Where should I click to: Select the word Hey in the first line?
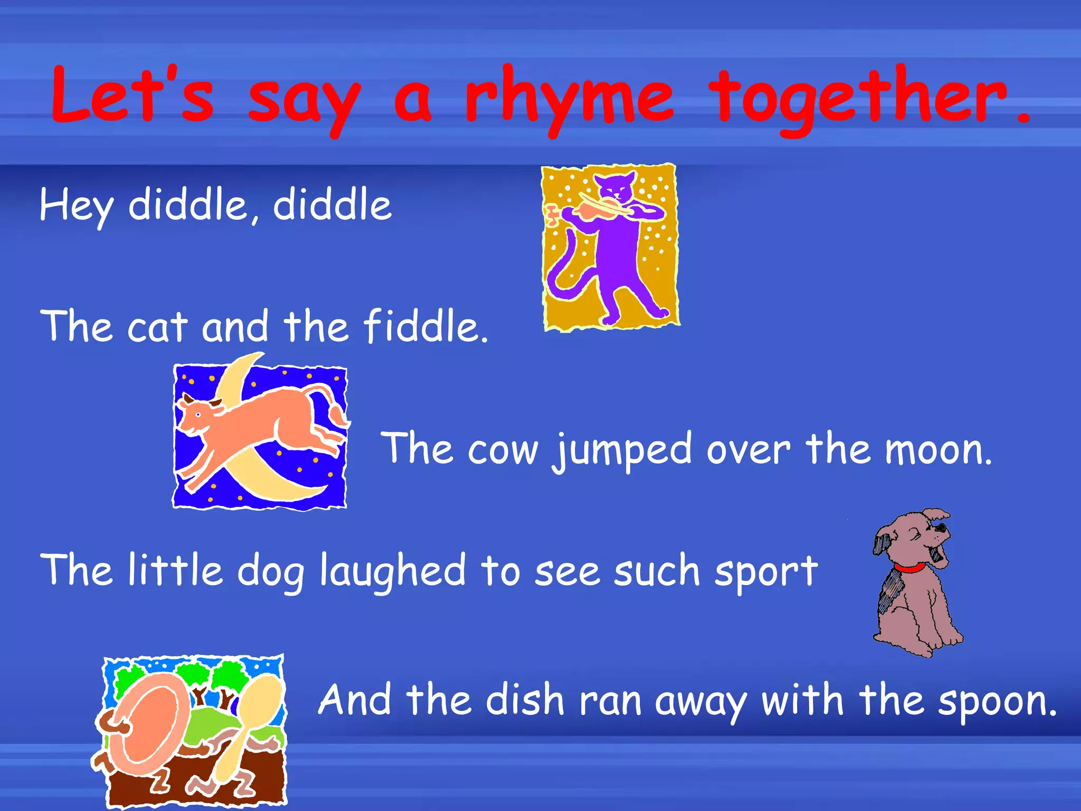(75, 206)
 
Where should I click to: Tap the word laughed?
(393, 571)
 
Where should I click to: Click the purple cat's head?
(614, 186)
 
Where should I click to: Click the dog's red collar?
(909, 569)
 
